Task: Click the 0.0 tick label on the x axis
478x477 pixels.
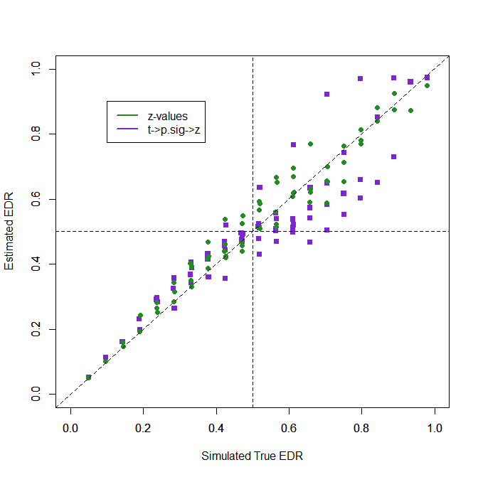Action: click(x=70, y=429)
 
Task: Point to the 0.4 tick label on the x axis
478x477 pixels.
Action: click(x=216, y=429)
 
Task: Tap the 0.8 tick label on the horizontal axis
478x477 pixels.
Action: click(x=361, y=429)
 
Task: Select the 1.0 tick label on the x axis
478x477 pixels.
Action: click(x=435, y=429)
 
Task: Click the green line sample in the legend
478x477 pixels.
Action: click(x=127, y=115)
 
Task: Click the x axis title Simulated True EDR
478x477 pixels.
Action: click(x=252, y=456)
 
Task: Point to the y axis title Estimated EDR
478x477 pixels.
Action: click(x=9, y=231)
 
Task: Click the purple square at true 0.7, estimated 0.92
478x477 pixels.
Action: click(x=327, y=94)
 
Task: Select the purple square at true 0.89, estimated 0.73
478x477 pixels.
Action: click(x=393, y=156)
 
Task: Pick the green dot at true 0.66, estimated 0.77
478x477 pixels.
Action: click(x=310, y=144)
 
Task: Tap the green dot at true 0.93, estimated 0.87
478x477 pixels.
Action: click(x=410, y=110)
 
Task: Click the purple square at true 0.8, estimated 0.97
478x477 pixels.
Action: click(x=361, y=78)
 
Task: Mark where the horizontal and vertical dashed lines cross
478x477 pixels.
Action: click(x=253, y=231)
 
